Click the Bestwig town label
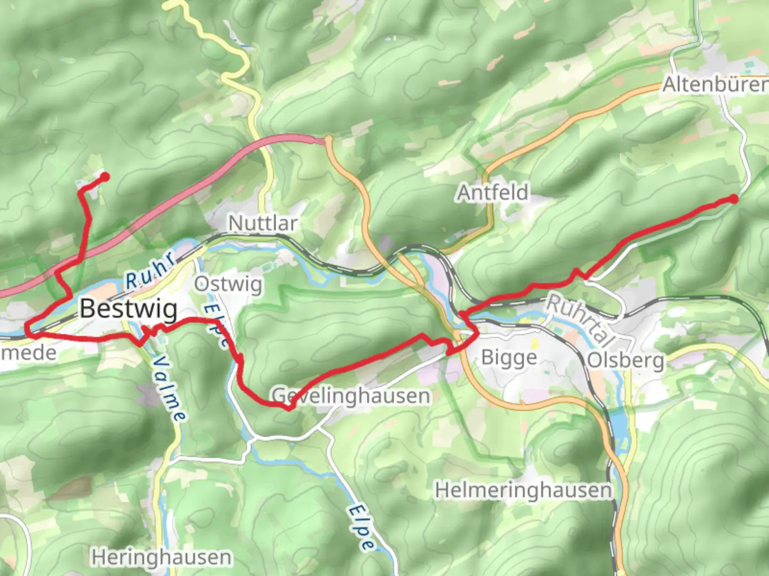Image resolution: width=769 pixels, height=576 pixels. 129,309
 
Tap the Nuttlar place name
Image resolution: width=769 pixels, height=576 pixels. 262,223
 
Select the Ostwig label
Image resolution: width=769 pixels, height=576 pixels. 228,284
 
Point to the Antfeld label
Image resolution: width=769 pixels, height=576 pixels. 492,193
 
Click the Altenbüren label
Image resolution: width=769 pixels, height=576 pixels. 715,85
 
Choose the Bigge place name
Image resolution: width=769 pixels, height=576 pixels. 509,357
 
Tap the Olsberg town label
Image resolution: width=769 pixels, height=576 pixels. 625,361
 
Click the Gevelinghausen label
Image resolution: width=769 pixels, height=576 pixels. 351,396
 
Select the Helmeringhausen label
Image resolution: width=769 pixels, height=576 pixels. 523,490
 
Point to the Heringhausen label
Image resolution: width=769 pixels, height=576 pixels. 161,558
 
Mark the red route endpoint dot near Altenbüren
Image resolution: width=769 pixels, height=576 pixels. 734,199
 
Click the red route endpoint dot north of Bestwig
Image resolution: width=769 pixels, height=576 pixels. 105,177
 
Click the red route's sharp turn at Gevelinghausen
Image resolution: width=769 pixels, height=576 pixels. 289,409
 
